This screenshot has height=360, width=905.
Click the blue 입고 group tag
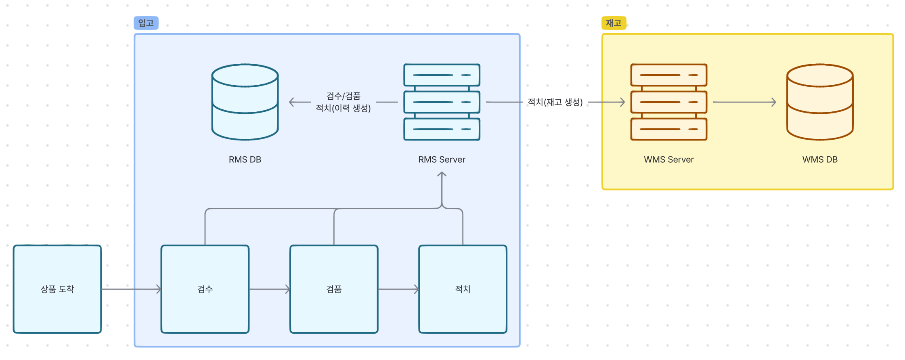(146, 23)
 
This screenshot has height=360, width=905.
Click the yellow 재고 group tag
(614, 23)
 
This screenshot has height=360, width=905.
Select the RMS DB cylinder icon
(245, 102)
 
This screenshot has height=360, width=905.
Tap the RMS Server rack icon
(442, 102)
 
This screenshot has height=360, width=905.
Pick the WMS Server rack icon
(668, 102)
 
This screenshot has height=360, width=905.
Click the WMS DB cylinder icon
(820, 102)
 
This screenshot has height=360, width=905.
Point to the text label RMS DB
(245, 159)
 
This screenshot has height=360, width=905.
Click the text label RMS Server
(442, 159)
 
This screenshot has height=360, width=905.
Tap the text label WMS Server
(668, 159)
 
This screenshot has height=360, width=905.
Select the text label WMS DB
(820, 159)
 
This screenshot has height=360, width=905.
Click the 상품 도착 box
(57, 289)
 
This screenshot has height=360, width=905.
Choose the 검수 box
(205, 289)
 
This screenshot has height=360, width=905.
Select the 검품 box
(334, 289)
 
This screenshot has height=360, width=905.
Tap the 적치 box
(463, 289)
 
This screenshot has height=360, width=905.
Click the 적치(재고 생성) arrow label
(555, 102)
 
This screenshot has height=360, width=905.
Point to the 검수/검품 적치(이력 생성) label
(343, 102)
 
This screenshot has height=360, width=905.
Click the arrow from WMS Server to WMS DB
(744, 102)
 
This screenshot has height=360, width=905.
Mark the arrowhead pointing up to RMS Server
(442, 174)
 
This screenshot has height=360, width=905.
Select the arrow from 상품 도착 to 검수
(131, 289)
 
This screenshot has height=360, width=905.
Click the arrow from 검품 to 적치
(398, 289)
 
